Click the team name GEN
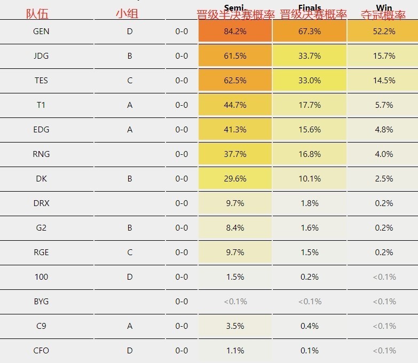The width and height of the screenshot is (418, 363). coord(41,31)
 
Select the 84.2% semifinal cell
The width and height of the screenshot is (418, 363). coord(235,31)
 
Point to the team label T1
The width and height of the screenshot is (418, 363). coord(41,105)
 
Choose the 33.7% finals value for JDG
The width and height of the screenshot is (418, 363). coord(310,56)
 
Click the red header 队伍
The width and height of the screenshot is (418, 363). coord(37,14)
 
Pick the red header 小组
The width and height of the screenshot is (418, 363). coord(127,14)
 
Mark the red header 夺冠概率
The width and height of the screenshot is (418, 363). coord(383,15)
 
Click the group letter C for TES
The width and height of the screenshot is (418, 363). coord(130,81)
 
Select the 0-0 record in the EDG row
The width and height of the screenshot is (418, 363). coord(182,130)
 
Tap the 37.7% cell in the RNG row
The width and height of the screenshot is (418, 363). coord(235,154)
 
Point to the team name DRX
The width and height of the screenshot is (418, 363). coord(41,203)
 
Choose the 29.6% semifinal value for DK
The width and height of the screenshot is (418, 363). coord(235,179)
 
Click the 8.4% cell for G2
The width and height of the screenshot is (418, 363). coord(235,228)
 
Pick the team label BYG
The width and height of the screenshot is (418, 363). coord(41,302)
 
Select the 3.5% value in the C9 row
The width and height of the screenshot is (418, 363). coord(235,326)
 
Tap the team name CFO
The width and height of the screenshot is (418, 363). coord(41,351)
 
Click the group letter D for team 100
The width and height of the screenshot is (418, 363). coord(130,277)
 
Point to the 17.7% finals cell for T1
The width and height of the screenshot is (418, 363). coord(310,105)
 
